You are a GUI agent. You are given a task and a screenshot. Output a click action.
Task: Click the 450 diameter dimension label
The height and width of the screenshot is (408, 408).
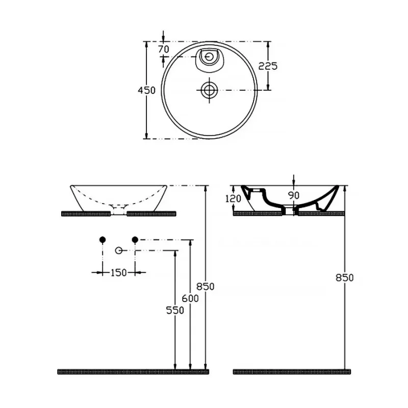point(146,90)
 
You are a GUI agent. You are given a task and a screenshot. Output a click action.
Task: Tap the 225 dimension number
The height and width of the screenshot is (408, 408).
point(268,66)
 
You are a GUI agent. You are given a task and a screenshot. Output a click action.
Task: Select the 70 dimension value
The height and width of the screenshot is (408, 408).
point(164,49)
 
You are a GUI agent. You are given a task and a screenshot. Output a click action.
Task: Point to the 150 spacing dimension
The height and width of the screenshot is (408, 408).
point(119,273)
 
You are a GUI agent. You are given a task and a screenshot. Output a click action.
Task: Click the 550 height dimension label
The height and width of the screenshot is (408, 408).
point(175,310)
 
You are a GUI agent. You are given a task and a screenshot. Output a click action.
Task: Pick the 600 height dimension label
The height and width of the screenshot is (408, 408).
point(190,298)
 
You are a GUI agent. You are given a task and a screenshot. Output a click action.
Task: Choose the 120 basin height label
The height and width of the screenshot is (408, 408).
point(233,199)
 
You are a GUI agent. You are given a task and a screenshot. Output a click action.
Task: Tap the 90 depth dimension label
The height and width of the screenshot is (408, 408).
point(294,195)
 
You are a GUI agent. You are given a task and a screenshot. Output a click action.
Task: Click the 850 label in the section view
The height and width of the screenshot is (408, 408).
point(345,278)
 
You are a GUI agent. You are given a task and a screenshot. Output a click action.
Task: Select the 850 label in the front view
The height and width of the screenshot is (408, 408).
point(206,287)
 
